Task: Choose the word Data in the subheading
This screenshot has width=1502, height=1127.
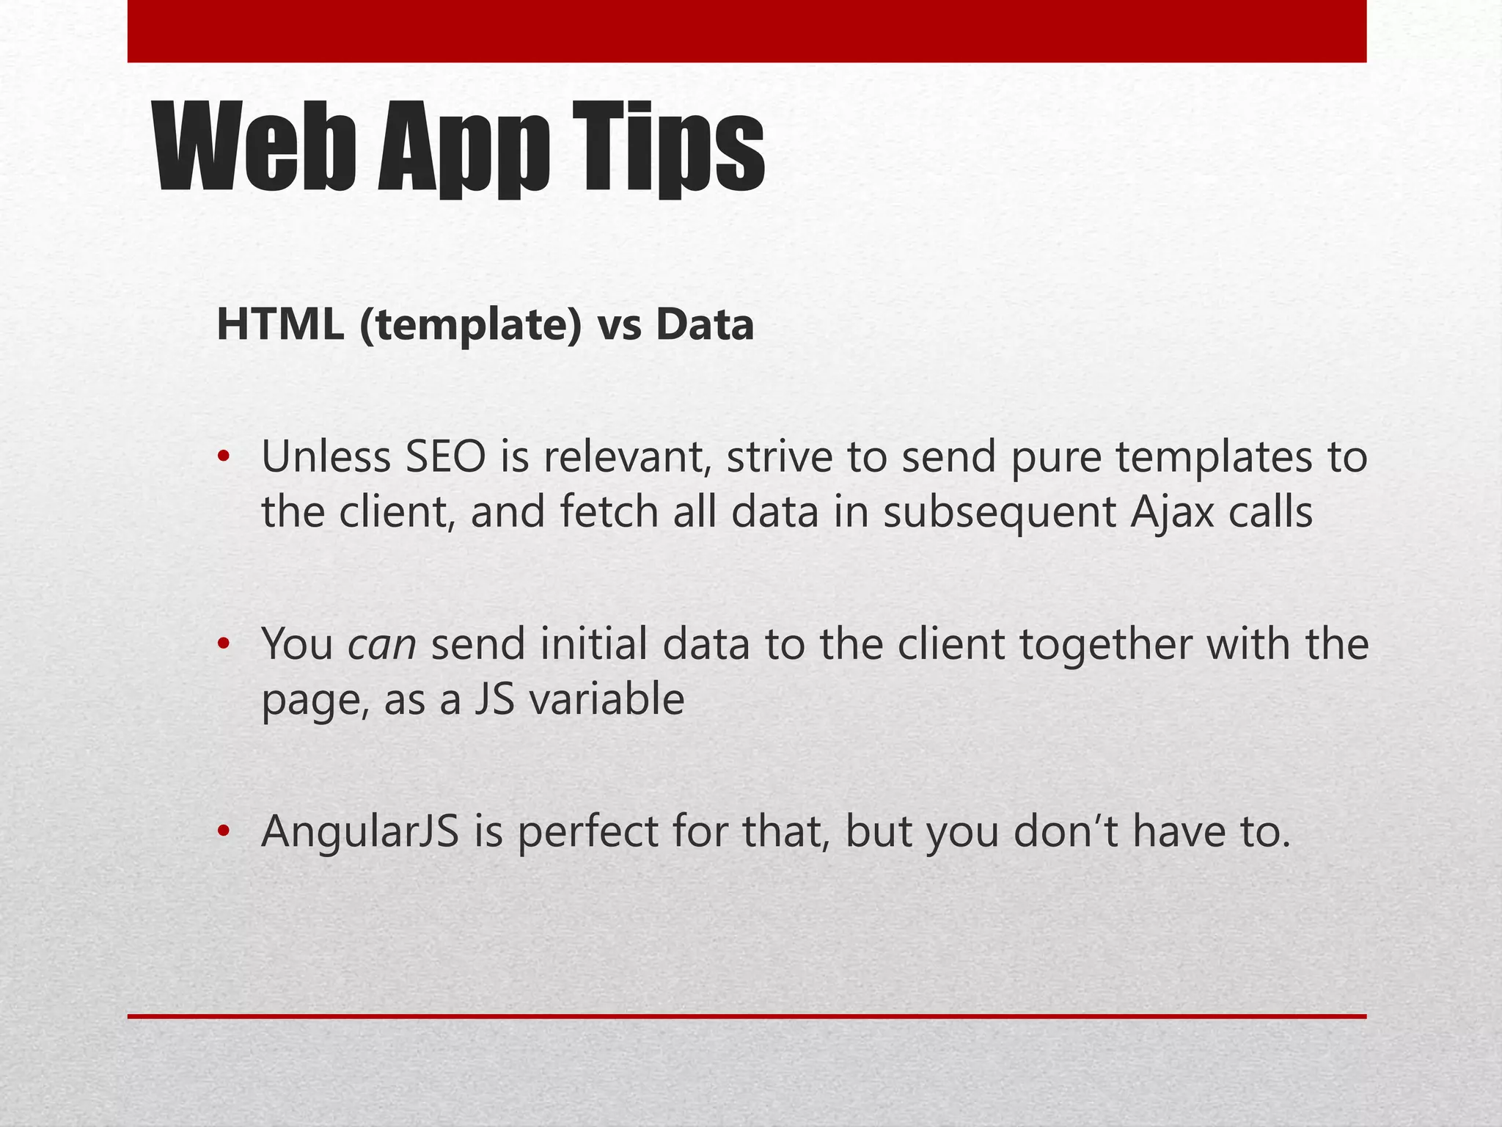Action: tap(705, 325)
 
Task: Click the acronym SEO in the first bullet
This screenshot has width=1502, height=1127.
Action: tap(446, 456)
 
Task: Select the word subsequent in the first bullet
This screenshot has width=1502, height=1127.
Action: tap(1000, 511)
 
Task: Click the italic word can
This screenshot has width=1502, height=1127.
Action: tap(382, 644)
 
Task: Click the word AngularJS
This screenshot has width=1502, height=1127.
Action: tap(360, 831)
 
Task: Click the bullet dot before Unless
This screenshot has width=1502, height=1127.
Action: tap(224, 458)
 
